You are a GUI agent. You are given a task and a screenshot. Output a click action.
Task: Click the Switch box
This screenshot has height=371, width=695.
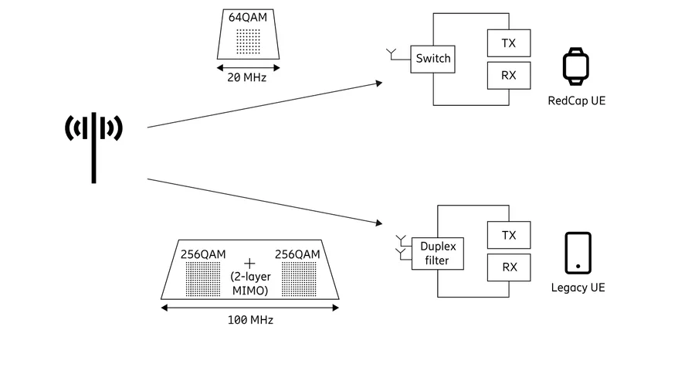coord(432,59)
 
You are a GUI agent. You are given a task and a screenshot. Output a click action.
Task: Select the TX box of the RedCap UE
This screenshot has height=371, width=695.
coord(509,43)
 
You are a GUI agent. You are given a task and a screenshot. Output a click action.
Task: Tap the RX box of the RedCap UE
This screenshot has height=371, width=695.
coord(509,76)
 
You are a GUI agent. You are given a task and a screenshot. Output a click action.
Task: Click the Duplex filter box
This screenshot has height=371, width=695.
coord(438,254)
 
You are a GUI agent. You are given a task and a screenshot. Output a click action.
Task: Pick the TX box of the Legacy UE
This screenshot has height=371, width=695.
coord(509,235)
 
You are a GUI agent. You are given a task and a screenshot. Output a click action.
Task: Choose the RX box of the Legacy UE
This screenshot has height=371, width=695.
coord(509,267)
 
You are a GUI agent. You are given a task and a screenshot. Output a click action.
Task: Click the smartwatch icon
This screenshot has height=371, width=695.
coord(576,66)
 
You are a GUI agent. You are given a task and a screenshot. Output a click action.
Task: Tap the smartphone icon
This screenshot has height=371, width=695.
coord(578,253)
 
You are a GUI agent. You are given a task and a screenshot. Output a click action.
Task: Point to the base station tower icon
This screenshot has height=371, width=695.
coord(93,148)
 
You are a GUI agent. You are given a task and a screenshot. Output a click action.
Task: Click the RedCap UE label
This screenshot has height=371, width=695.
coord(577,100)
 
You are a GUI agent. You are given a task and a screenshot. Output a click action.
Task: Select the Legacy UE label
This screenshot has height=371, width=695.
coord(578,288)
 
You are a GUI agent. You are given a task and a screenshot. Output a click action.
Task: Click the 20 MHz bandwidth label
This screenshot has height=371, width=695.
coord(247,77)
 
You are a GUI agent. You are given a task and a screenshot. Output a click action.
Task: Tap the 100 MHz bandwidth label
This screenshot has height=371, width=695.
coord(250,320)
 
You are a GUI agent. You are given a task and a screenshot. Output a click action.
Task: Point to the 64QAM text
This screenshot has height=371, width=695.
coord(248,17)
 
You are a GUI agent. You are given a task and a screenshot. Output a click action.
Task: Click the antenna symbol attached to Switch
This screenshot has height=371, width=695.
coord(391,54)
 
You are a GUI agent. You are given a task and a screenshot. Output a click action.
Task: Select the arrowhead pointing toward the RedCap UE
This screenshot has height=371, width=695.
coord(379,83)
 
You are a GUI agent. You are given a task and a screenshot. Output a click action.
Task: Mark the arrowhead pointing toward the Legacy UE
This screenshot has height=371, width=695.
coord(379,223)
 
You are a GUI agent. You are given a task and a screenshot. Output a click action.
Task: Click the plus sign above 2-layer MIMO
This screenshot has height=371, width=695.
coord(249,264)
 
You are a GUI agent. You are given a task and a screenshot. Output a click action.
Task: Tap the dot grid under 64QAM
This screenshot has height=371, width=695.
coord(248,41)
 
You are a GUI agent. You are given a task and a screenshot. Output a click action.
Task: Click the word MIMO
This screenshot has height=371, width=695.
coord(250,291)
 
